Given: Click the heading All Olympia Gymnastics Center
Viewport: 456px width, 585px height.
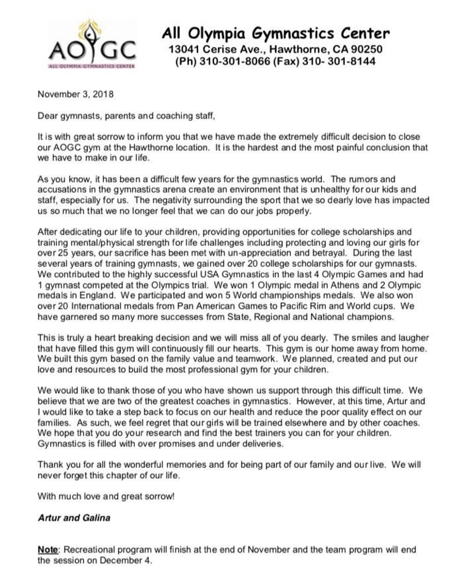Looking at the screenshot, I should coord(276,33).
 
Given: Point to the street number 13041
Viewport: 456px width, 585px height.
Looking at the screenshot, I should coord(186,49).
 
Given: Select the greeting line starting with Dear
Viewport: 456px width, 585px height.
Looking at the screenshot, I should coord(126,117).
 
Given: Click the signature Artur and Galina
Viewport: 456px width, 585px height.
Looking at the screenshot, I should coord(73,518).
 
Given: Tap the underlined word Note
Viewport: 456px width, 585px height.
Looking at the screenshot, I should coord(48,550).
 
